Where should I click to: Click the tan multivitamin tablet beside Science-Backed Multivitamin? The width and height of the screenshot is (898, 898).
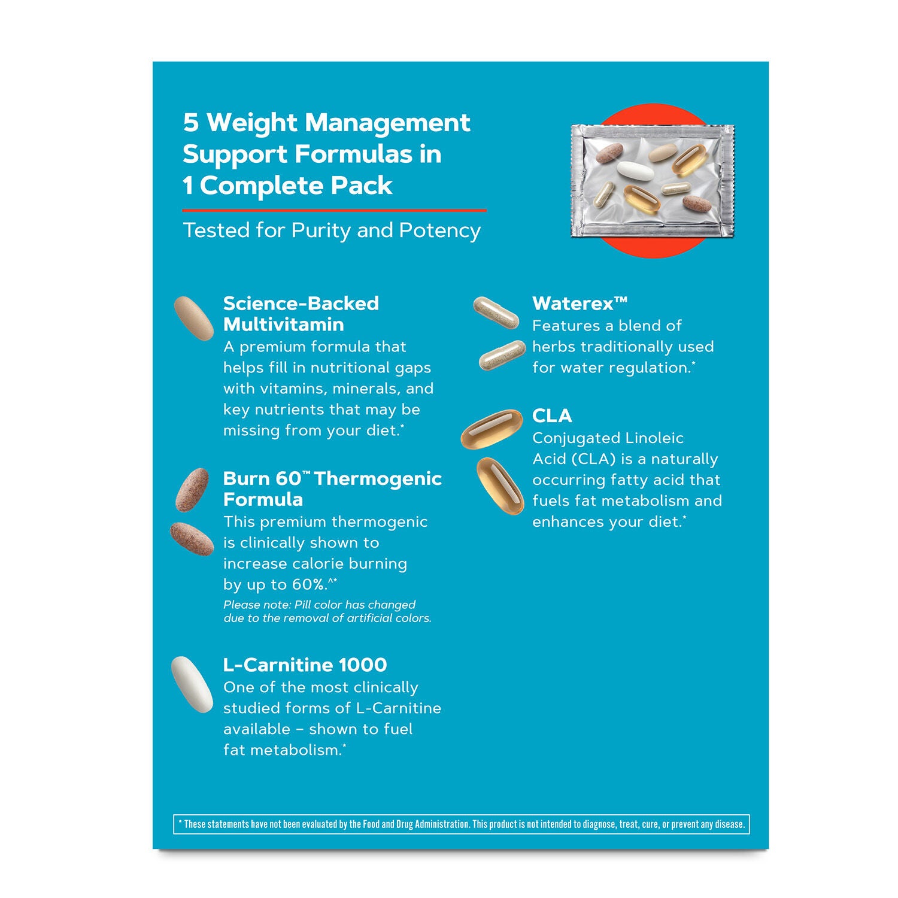pos(194,318)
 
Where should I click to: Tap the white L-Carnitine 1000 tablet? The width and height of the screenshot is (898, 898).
pos(192,684)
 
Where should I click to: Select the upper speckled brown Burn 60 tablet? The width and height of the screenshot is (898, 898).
pos(192,490)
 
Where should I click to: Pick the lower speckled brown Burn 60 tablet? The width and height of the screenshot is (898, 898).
pos(192,539)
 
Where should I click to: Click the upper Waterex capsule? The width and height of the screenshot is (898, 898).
pos(496,313)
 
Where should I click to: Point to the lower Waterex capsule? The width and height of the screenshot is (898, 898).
pos(502,355)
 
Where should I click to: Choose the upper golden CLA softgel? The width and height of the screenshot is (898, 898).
pos(492,429)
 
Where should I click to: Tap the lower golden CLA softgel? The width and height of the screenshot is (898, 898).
pos(500,486)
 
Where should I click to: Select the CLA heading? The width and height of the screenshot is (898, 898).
pos(552,415)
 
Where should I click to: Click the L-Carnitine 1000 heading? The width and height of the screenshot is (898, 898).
pos(305,665)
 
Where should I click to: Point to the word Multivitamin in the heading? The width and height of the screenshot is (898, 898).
pos(283,324)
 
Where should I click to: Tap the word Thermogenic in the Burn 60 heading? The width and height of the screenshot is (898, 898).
pos(378,479)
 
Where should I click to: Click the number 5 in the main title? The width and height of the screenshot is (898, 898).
pos(190,123)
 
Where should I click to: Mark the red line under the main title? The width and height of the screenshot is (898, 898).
pos(335,211)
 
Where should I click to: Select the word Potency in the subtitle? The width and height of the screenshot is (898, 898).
pos(440,230)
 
